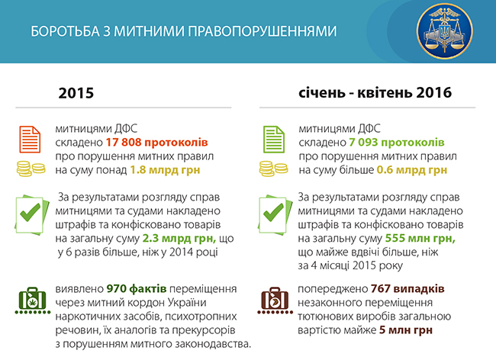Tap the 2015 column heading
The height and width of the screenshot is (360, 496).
point(76,94)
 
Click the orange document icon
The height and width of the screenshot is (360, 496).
point(29,138)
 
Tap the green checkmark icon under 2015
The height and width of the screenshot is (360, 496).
point(29,214)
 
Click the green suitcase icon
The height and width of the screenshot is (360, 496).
point(29,301)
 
